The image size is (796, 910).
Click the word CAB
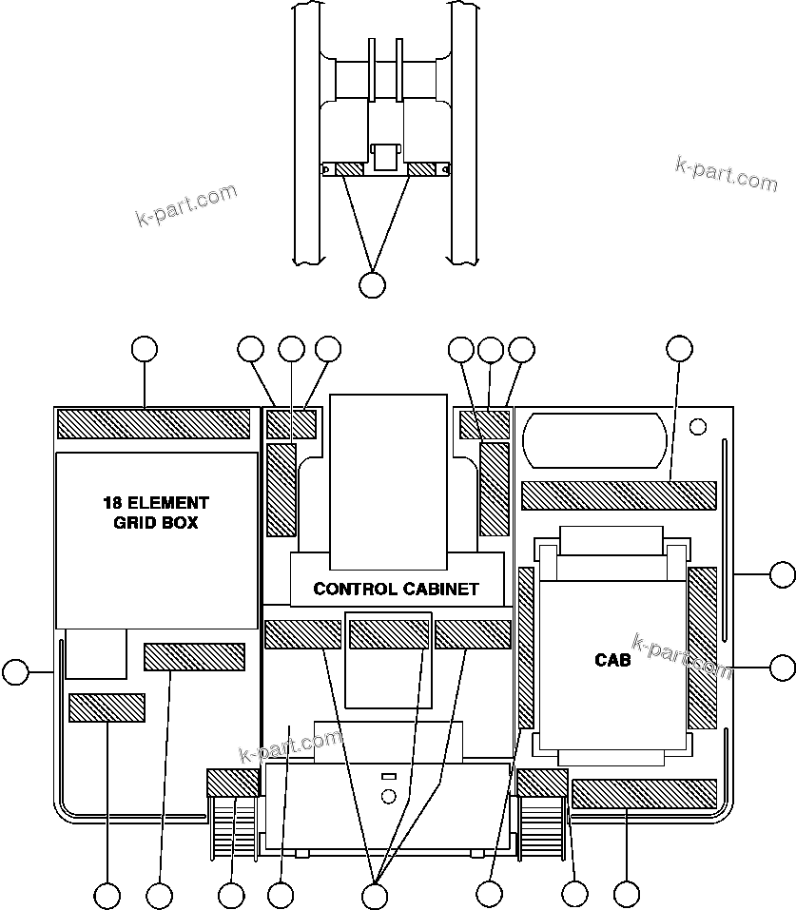(612, 660)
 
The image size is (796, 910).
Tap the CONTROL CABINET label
(396, 589)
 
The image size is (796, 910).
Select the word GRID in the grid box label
(128, 522)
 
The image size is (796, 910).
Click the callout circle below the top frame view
(373, 283)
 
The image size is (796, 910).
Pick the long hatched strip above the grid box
(153, 423)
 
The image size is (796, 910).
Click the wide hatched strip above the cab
(618, 495)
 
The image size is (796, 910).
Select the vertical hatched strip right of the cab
(702, 648)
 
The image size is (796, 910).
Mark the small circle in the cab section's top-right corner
(698, 424)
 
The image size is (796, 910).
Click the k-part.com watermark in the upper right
(726, 173)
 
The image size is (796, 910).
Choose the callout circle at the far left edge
(14, 672)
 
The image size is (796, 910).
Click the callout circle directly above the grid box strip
(144, 349)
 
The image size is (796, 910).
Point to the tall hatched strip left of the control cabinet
(282, 488)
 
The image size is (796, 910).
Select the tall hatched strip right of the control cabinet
(495, 488)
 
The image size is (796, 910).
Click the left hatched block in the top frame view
(349, 169)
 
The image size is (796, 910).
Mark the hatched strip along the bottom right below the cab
(644, 793)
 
